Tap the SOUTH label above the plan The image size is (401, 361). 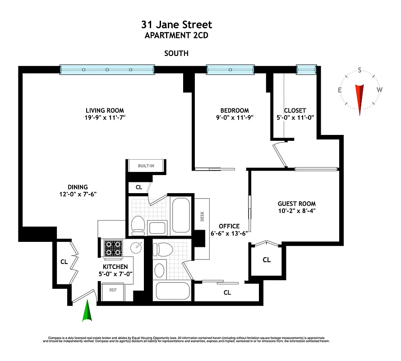coord(176,53)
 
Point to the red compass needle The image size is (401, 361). coord(360,97)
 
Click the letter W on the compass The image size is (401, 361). coord(379,90)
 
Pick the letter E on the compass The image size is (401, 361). coord(340,90)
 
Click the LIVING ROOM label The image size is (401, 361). coord(105,111)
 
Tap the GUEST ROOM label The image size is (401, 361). coord(296,204)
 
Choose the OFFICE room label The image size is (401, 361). coord(229,226)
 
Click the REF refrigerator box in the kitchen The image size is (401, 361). coord(113,291)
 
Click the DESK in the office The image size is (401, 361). coord(202,216)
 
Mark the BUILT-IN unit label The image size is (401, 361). coord(146,166)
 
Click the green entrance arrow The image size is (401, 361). coord(88,312)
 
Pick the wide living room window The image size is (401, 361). coord(107,69)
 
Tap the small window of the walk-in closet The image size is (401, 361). coord(305,69)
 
